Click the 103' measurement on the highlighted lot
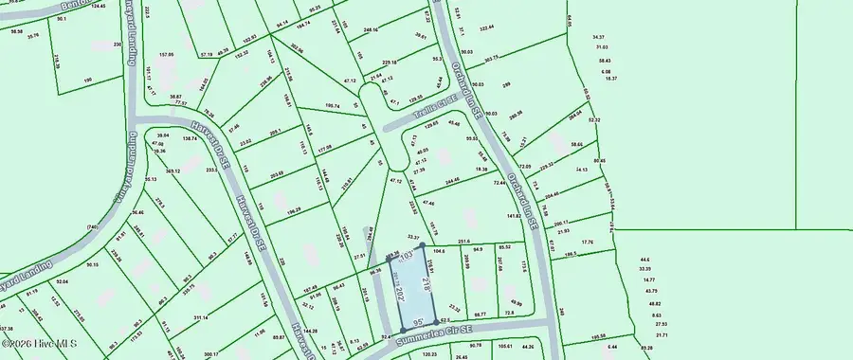pyautogui.click(x=408, y=256)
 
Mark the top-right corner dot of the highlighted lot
pyautogui.click(x=422, y=245)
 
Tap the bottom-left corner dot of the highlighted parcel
pyautogui.click(x=404, y=329)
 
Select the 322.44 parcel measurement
pyautogui.click(x=486, y=29)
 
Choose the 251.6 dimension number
pyautogui.click(x=464, y=242)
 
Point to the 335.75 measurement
pyautogui.click(x=188, y=284)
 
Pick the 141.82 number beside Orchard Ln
pyautogui.click(x=515, y=216)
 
